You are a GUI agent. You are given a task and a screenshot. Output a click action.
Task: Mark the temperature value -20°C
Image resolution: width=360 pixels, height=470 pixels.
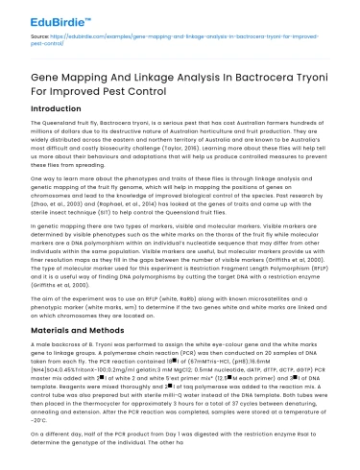(44, 434)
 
